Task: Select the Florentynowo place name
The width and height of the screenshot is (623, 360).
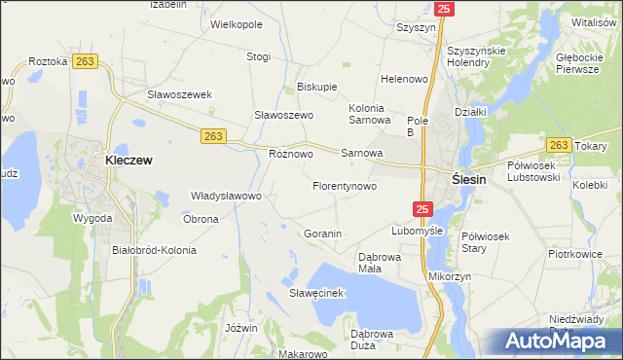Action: coord(344,185)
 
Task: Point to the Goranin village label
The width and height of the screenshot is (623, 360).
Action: coord(322,234)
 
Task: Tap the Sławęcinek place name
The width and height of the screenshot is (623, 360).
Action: coord(312,292)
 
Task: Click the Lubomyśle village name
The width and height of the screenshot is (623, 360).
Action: coord(417,232)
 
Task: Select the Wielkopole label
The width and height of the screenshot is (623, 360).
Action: coord(237,22)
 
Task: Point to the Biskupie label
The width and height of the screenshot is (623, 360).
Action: coord(316,86)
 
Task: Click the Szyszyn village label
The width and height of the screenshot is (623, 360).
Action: coord(416,28)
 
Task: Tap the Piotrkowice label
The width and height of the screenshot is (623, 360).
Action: coord(574,255)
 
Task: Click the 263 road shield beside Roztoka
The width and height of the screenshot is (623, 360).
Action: coord(85,61)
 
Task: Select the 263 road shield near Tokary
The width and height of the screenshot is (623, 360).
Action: coord(558,145)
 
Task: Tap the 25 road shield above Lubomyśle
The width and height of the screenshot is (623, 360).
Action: coord(421,208)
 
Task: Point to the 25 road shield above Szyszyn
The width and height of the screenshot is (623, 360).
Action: coord(444,9)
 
